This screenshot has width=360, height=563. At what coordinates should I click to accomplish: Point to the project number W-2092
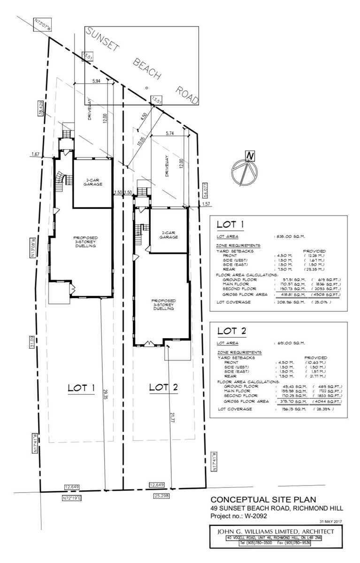255,516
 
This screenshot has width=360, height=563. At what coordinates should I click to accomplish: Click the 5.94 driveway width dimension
97,81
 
